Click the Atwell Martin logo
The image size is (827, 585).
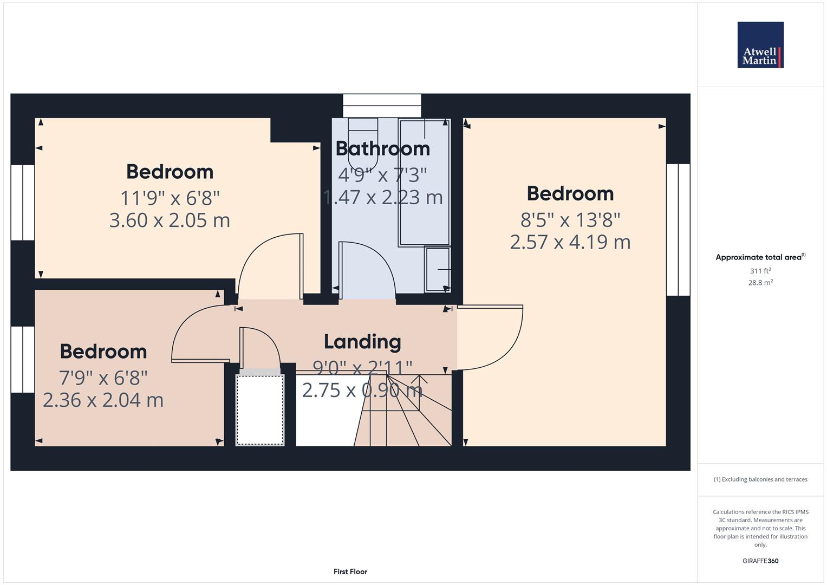pos(760,45)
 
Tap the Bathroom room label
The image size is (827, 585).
pos(382,148)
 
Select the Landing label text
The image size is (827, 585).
pos(362,342)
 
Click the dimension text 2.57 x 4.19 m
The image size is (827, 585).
pos(570,242)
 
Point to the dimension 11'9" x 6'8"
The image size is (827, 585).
pos(170,198)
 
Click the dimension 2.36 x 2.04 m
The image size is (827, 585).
pos(103,400)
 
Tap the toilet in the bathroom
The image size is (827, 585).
pos(362,144)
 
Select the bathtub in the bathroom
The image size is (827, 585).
pos(424,181)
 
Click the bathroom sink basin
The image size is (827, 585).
pos(438,269)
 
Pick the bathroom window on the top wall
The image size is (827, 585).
pos(382,106)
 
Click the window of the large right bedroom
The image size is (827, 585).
pos(678,230)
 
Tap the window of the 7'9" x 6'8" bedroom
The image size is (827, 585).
pos(23,359)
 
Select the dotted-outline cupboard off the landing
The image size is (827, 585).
pos(260,409)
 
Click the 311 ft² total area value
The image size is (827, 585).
pos(760,271)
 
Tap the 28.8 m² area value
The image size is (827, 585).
pos(760,283)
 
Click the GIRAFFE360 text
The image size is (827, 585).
pos(760,561)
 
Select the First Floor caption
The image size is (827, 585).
pos(350,571)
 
